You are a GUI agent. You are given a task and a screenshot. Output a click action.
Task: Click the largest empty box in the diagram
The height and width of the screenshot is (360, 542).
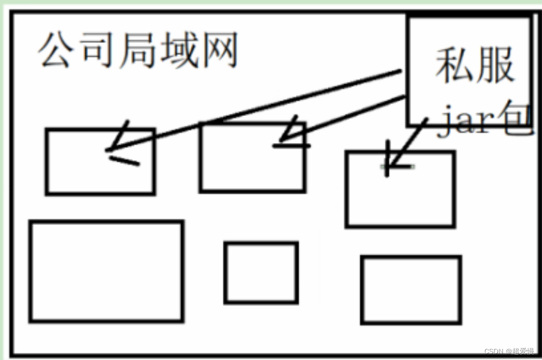click(106, 271)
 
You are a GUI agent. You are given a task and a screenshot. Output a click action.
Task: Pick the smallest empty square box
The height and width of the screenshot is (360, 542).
click(261, 272)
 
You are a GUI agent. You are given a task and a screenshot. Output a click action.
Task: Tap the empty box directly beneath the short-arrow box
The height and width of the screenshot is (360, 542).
click(411, 290)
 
